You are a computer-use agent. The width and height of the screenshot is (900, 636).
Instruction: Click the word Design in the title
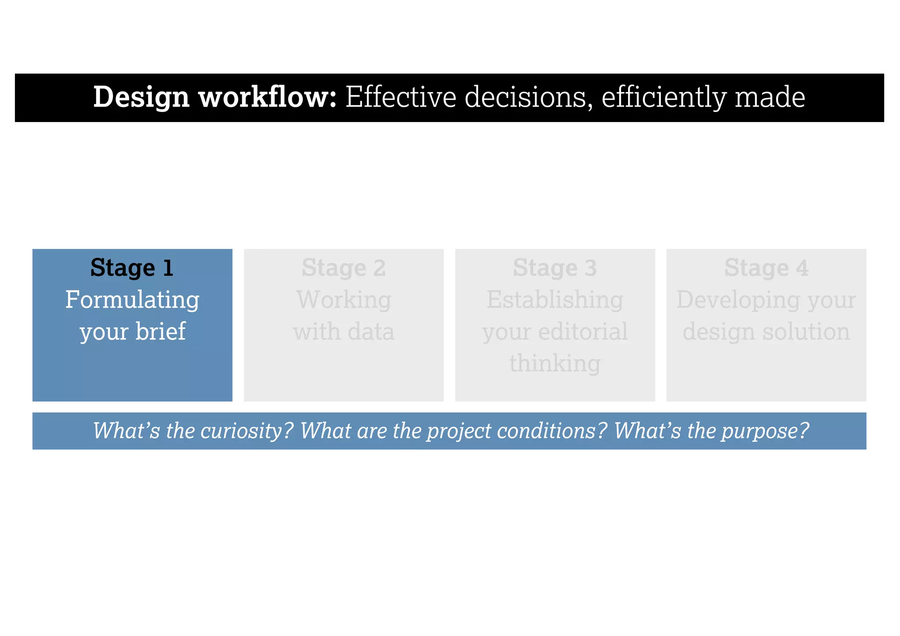coord(141,98)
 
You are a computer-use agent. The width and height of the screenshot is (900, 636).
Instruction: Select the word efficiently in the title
coord(664,98)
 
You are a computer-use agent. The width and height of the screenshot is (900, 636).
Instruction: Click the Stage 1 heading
coord(132,268)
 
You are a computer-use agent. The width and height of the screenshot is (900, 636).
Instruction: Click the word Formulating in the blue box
coord(132,300)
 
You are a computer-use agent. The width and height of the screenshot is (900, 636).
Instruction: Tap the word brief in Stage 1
coord(160,332)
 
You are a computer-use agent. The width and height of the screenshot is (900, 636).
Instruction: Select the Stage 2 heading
coord(344,268)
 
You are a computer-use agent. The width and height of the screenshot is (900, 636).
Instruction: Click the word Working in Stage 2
coord(344,300)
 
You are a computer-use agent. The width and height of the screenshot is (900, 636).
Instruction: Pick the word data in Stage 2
coord(371,332)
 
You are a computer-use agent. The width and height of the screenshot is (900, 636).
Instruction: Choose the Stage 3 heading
coord(555,268)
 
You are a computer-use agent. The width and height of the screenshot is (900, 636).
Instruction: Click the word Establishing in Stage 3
coord(555,300)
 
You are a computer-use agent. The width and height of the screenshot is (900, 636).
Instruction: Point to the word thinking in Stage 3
coord(555,364)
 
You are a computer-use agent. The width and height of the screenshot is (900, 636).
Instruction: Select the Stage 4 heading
coord(766,268)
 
